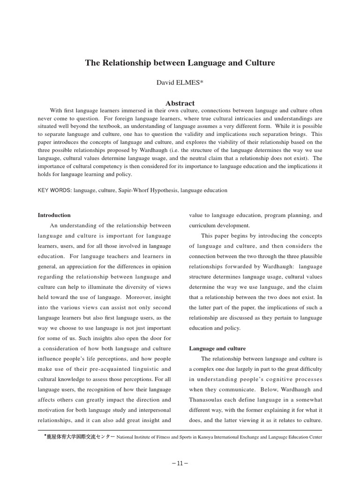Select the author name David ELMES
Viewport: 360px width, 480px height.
click(x=180, y=82)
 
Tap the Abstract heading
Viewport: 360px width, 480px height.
click(x=180, y=103)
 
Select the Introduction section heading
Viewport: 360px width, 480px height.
click(x=54, y=215)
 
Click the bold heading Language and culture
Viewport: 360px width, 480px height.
click(x=217, y=348)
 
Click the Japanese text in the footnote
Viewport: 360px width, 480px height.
click(x=80, y=437)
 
